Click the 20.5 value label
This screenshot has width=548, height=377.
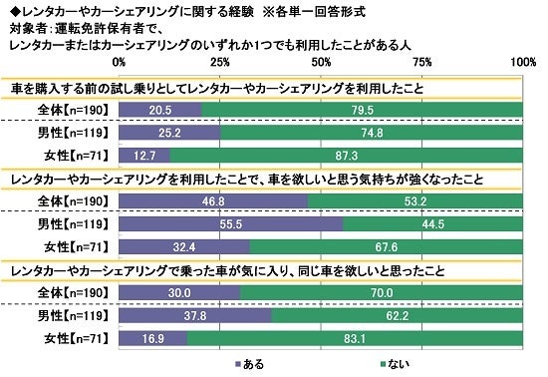coord(160,109)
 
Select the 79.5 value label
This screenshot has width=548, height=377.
coord(366,109)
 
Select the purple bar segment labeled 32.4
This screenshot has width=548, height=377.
coord(185,246)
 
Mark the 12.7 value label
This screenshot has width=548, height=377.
coord(144,154)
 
